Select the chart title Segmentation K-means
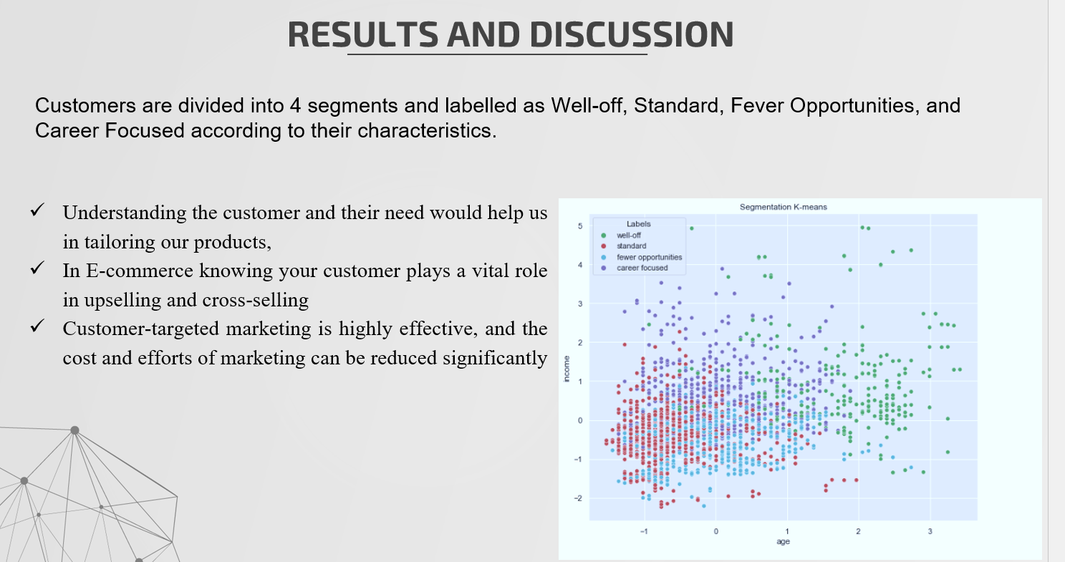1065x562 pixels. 783,207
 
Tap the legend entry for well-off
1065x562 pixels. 629,235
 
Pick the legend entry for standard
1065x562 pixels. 631,246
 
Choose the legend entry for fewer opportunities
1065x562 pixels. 649,257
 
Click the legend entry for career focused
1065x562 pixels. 642,268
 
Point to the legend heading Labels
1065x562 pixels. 638,224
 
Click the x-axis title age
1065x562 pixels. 783,542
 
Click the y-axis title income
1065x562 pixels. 567,369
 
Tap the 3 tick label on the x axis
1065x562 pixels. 930,531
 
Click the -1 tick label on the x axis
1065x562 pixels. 644,531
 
